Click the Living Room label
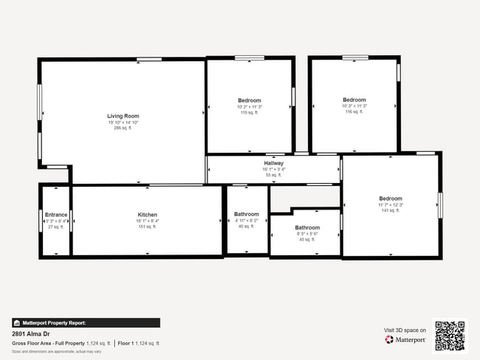tap(123, 116)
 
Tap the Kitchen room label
tap(147, 215)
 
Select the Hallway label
tap(273, 163)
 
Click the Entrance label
tap(56, 215)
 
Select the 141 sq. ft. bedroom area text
tap(390, 210)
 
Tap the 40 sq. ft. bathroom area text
tap(246, 226)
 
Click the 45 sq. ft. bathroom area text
tap(307, 240)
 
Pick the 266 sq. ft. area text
tap(123, 128)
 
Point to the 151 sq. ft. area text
tap(147, 226)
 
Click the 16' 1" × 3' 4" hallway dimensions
tap(273, 169)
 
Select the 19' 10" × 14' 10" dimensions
tap(123, 122)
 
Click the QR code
tap(450, 336)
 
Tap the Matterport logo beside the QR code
tap(405, 340)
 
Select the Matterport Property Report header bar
tap(86, 322)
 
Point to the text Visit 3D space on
tap(405, 330)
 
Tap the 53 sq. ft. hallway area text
tap(273, 175)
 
